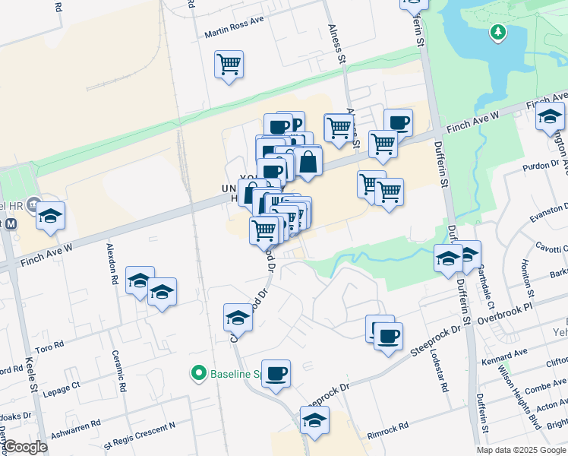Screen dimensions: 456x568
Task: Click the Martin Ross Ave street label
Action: [234, 34]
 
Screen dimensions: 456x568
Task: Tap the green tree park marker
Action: [497, 33]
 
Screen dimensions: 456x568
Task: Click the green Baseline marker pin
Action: [199, 373]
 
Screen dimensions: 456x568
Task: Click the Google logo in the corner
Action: [26, 447]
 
